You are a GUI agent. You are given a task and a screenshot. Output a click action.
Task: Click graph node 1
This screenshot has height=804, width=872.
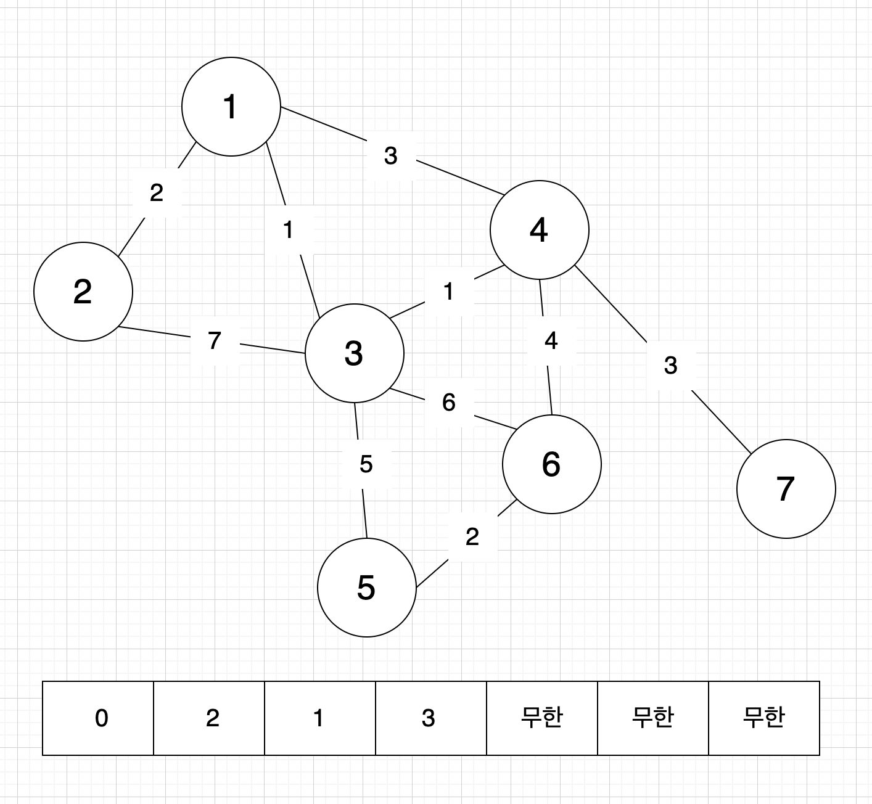click(x=231, y=107)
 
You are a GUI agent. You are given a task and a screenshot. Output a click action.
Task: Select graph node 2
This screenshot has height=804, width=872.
click(x=83, y=292)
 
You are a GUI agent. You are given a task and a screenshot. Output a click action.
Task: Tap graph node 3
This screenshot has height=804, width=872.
click(x=355, y=353)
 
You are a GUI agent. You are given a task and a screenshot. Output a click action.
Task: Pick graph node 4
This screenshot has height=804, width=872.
click(x=540, y=230)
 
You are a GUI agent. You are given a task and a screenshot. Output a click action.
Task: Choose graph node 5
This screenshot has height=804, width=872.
click(x=367, y=587)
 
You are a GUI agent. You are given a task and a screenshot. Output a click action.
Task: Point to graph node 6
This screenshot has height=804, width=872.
click(x=552, y=464)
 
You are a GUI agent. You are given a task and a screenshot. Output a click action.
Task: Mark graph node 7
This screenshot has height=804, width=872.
click(x=786, y=488)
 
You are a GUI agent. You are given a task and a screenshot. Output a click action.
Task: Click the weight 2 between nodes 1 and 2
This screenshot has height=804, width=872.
click(x=157, y=193)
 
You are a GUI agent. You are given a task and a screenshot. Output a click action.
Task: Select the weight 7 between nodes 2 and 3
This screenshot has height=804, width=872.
click(x=214, y=340)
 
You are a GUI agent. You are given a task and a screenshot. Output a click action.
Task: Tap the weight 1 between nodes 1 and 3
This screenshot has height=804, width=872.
click(x=288, y=230)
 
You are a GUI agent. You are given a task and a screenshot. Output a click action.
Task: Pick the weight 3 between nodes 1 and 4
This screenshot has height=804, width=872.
click(x=390, y=156)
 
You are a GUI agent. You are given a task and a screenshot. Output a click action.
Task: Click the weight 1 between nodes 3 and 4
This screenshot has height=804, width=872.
click(x=448, y=291)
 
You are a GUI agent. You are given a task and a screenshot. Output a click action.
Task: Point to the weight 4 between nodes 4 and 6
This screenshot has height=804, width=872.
click(x=551, y=340)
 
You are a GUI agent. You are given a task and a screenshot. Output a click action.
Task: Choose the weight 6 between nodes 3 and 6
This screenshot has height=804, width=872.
click(x=449, y=402)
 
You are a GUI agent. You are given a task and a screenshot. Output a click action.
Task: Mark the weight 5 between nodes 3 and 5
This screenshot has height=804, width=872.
click(x=366, y=464)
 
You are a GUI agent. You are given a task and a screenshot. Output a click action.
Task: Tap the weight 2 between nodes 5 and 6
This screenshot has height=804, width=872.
click(x=472, y=536)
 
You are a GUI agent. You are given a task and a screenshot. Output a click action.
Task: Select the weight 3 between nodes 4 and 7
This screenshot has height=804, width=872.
click(x=671, y=365)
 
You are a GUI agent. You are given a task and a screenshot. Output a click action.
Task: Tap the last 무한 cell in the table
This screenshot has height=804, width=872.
click(x=764, y=718)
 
